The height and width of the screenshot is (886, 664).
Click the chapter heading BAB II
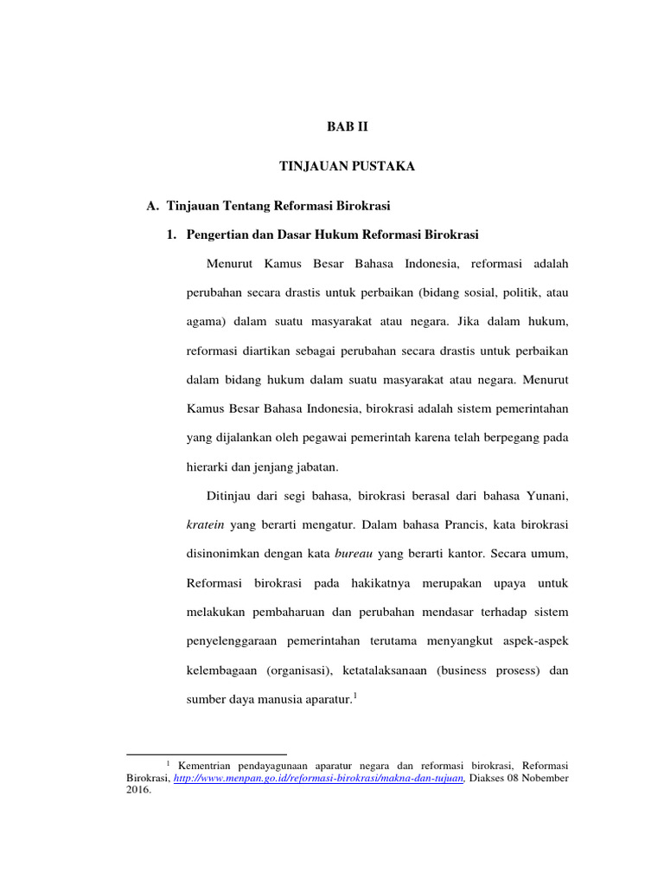pos(347,126)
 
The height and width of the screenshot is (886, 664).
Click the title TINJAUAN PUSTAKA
pos(347,166)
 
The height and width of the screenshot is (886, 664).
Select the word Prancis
pos(467,524)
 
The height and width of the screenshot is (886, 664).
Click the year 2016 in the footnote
pos(137,790)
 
